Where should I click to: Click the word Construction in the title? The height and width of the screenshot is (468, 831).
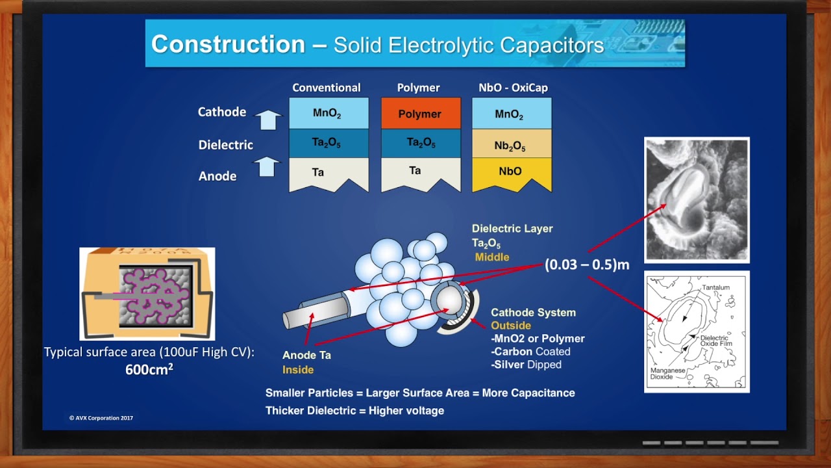pos(228,44)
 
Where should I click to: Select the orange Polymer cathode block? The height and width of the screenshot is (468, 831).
pos(421,113)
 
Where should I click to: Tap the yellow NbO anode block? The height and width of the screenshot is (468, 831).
pos(512,174)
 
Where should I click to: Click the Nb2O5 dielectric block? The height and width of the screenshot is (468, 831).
pos(512,144)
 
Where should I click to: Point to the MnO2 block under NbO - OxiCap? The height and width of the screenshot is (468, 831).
pos(512,113)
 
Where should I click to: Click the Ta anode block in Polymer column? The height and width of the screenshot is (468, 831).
pos(421,174)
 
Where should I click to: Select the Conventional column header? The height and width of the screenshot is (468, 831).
pos(327,88)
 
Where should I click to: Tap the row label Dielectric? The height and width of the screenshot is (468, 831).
pos(225,145)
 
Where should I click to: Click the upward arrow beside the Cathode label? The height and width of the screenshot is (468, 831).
pos(268,120)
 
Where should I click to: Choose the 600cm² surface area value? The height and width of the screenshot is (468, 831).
pos(149,370)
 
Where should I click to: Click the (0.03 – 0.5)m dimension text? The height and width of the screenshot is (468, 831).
pos(587,265)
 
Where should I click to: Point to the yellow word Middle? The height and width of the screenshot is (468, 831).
pos(492,257)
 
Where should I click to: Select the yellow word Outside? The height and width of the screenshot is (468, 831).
pos(511,326)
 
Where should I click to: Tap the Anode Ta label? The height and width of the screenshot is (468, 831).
pos(307,355)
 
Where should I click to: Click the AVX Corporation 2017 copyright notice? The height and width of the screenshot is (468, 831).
pos(101,418)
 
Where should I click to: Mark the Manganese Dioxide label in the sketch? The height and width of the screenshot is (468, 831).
pos(667,373)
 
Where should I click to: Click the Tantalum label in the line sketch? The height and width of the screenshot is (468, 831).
pos(715,287)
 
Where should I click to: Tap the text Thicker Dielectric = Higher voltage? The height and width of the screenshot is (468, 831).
pos(354,410)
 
